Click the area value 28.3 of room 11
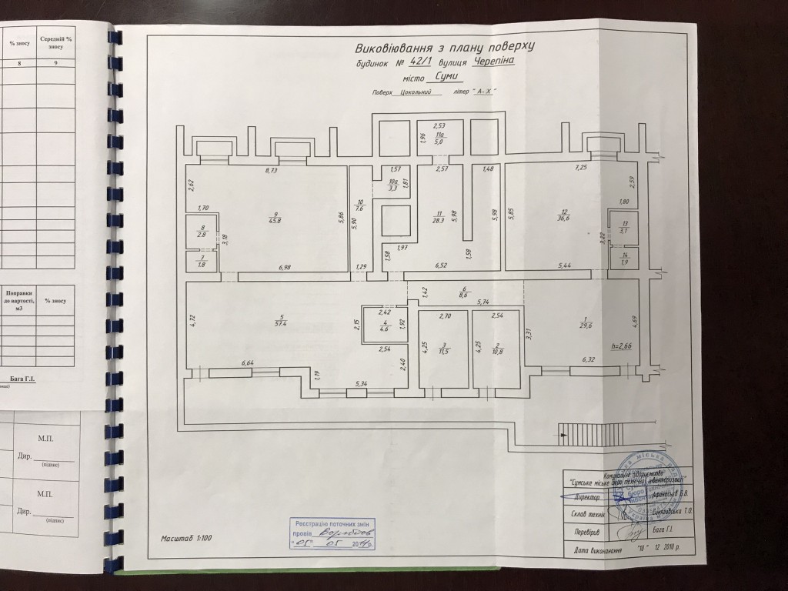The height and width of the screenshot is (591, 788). (439, 219)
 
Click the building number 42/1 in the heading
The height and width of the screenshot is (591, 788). (422, 63)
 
